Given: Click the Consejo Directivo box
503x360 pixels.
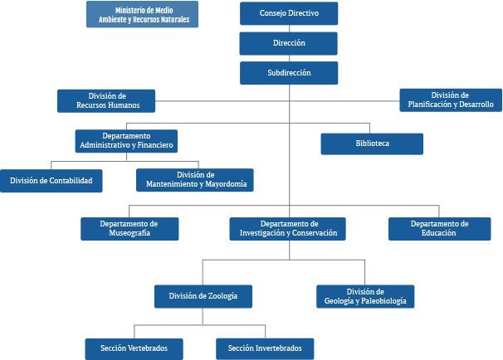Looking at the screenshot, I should (x=288, y=13).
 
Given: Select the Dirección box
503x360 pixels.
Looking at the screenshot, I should (x=288, y=43).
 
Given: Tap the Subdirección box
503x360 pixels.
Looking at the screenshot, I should (x=288, y=73).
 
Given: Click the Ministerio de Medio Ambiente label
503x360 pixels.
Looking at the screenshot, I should (x=142, y=14).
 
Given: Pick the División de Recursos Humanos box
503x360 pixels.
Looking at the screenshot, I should (x=106, y=101).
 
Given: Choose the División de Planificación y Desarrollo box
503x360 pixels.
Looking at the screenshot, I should (x=450, y=100).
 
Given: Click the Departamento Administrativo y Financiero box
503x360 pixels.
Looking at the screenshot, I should (x=126, y=140).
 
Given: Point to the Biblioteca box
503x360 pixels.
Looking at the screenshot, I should (x=372, y=144).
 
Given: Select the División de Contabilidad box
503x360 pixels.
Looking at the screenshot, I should (x=51, y=180).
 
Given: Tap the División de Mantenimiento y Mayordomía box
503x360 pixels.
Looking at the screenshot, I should (x=195, y=180).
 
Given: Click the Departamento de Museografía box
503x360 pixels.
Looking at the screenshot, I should (x=129, y=228).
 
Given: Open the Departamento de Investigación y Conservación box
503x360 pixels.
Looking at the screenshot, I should (x=288, y=228).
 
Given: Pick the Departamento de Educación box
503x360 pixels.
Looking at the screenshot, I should (x=438, y=228).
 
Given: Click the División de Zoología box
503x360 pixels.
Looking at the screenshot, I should (x=203, y=296).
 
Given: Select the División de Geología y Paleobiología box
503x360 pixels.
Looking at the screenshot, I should (x=365, y=296).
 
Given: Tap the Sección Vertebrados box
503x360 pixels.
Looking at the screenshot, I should (x=134, y=348).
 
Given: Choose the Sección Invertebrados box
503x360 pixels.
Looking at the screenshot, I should (x=265, y=348).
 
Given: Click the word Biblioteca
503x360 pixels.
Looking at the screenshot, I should (x=372, y=144).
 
